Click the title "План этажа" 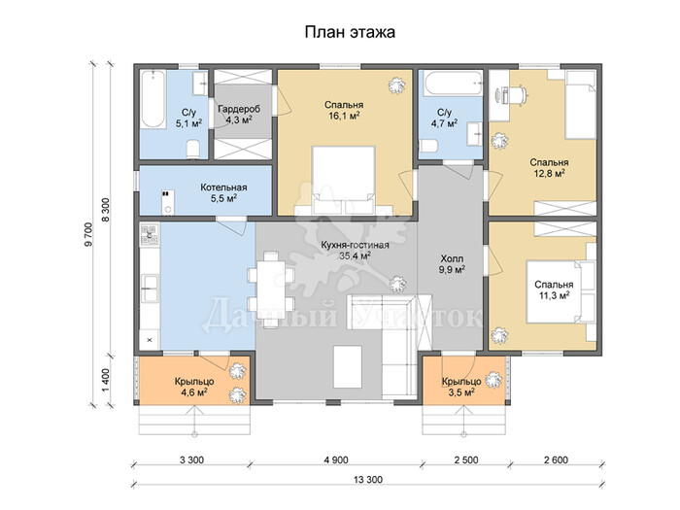(x=350, y=32)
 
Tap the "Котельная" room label (x=223, y=187)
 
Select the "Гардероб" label (x=239, y=109)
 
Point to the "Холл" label (x=452, y=259)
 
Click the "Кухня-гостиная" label (x=355, y=245)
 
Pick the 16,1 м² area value (x=344, y=116)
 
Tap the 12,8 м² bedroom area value (x=549, y=174)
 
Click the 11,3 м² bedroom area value (x=554, y=295)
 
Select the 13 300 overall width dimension (x=368, y=480)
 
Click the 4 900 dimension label (x=336, y=459)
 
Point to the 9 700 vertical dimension (x=89, y=235)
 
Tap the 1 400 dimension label (x=106, y=380)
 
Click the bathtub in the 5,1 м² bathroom (x=153, y=99)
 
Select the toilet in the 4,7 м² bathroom (x=428, y=146)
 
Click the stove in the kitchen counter (x=150, y=235)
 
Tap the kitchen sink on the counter (x=150, y=288)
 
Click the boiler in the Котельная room (x=167, y=202)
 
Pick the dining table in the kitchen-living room (x=270, y=290)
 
